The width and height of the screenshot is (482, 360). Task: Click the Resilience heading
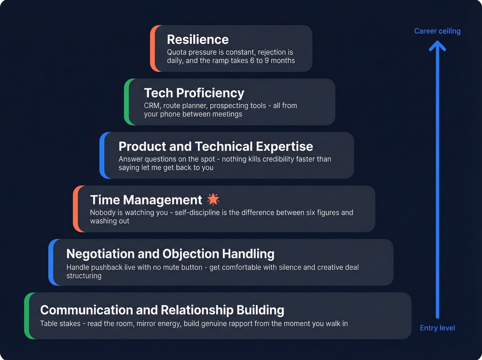[198, 40]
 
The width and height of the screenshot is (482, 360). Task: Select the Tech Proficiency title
[194, 93]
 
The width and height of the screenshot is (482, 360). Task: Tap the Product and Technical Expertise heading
[216, 146]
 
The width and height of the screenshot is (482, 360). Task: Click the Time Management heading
[146, 200]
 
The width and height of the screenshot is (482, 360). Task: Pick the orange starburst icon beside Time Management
[213, 199]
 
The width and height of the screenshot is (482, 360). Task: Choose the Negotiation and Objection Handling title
[170, 254]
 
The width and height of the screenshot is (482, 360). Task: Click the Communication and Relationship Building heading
[162, 310]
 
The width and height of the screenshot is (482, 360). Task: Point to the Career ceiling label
[437, 31]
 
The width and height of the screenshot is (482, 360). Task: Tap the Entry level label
[437, 328]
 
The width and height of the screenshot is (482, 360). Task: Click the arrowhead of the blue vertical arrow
[438, 45]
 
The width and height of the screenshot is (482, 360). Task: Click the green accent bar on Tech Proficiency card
[127, 102]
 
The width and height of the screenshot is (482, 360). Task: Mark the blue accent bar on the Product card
[102, 155]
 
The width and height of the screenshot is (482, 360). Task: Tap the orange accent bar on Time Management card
[75, 209]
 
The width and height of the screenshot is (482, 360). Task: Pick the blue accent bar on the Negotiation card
[51, 262]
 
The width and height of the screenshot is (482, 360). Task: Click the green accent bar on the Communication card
[27, 316]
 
